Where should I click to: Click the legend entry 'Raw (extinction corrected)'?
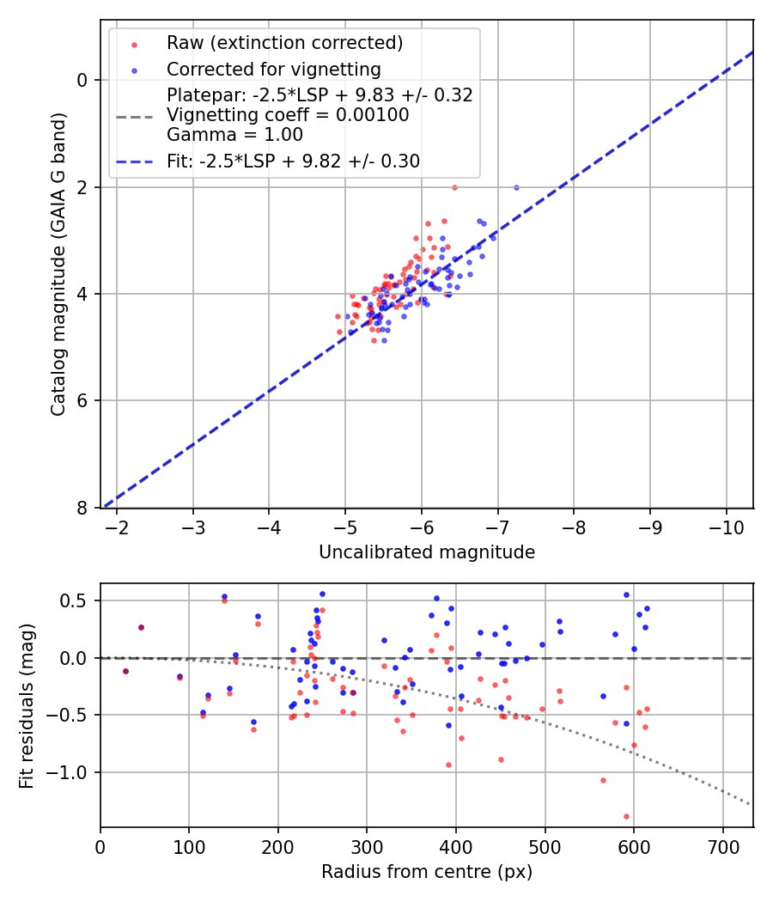(x=284, y=43)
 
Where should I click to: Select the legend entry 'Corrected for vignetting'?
(x=273, y=69)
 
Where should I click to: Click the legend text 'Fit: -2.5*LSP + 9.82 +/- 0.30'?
(x=293, y=161)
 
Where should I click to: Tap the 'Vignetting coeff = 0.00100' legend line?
(x=288, y=114)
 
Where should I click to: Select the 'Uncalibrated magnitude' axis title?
(x=427, y=552)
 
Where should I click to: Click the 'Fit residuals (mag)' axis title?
(x=27, y=705)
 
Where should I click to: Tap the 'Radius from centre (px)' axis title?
(x=427, y=872)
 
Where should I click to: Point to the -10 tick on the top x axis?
(x=727, y=526)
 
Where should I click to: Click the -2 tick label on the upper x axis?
(x=117, y=526)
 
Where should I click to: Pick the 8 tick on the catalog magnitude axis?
(x=83, y=508)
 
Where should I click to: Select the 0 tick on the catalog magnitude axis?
(x=83, y=80)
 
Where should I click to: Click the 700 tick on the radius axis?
(x=722, y=845)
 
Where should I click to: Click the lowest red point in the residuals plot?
(x=626, y=816)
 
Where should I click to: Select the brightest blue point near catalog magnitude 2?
(x=516, y=187)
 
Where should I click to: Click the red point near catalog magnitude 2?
(x=454, y=187)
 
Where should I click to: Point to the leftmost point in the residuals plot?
(x=125, y=671)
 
